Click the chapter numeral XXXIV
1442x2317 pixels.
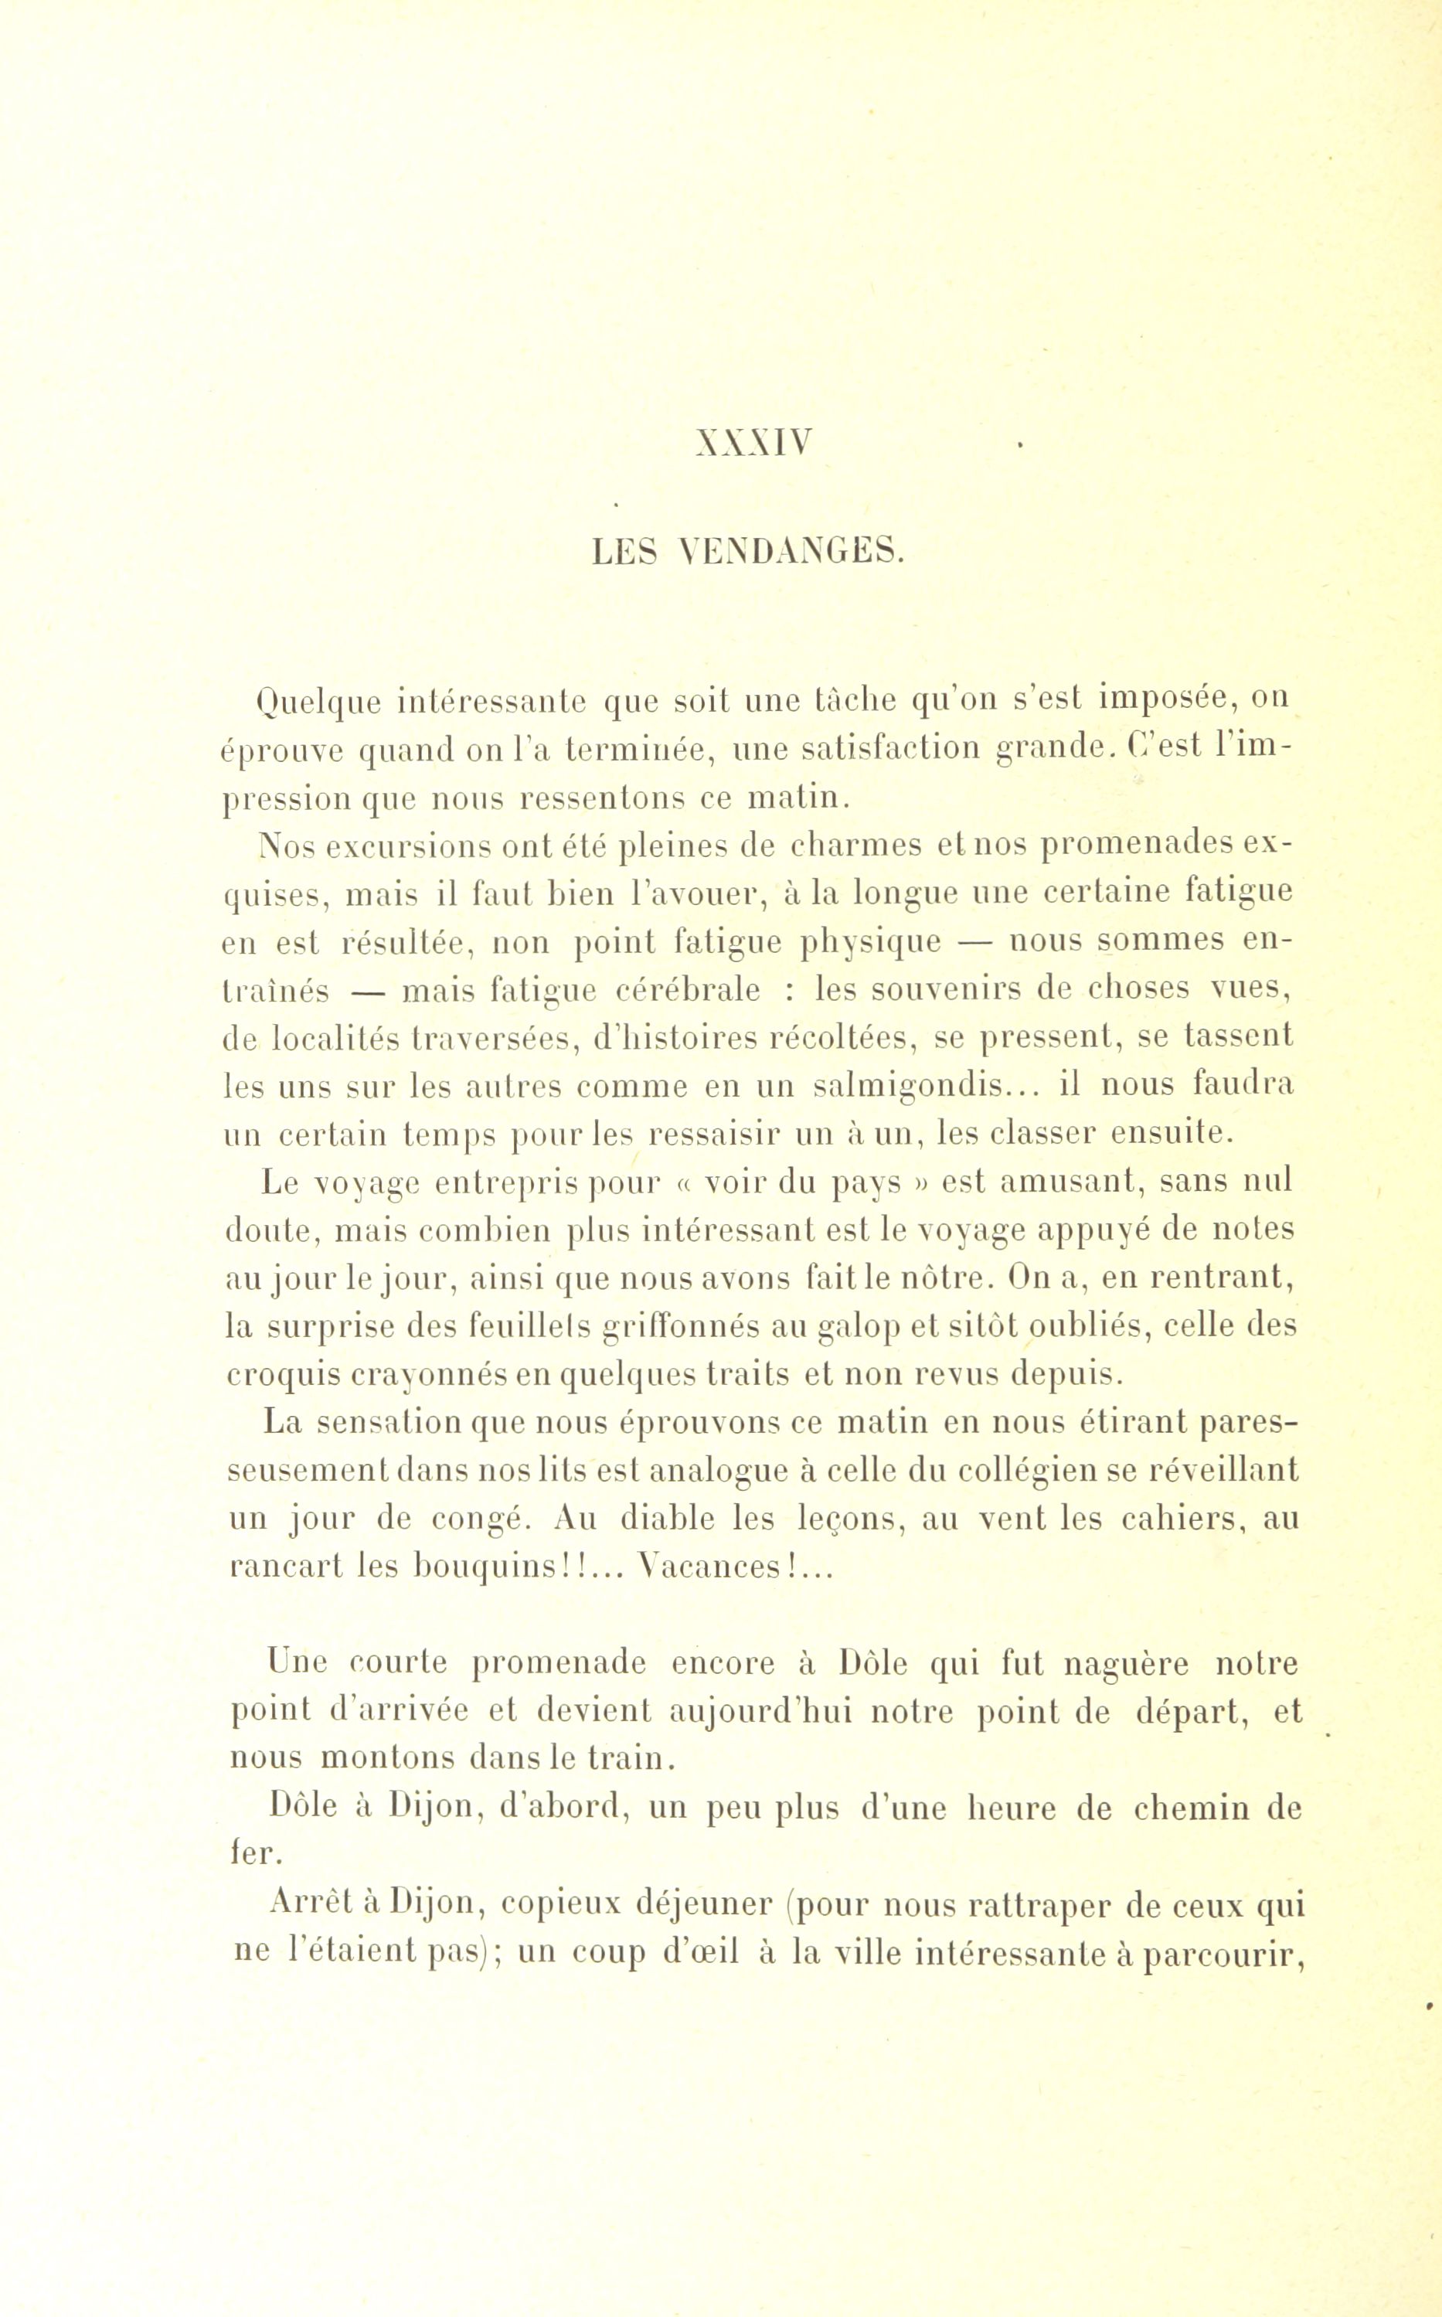click(x=753, y=444)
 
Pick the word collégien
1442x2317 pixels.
click(x=1026, y=1469)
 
